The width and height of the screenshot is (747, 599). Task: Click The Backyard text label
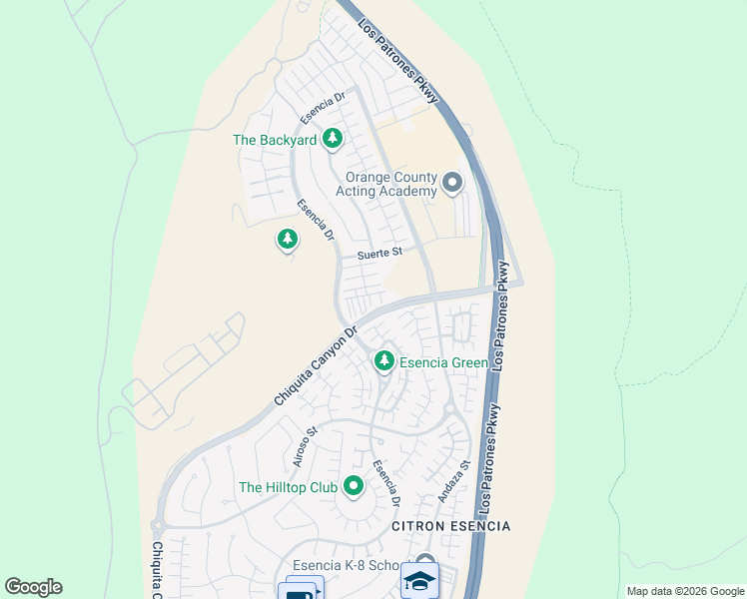(275, 141)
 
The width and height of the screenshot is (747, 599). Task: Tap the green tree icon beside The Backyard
(333, 140)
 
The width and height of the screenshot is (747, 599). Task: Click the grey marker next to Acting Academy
(452, 183)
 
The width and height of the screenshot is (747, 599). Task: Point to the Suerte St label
(379, 256)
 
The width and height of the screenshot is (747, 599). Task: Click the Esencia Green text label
(443, 363)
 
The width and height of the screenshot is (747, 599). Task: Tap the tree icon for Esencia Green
(383, 361)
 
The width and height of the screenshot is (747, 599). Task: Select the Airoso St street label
(305, 446)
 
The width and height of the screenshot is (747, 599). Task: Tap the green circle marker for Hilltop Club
(353, 487)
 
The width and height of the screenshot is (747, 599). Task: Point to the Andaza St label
(452, 481)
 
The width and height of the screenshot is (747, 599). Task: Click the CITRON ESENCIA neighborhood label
(450, 526)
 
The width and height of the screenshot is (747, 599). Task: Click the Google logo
(33, 587)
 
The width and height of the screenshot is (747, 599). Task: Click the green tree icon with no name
(288, 240)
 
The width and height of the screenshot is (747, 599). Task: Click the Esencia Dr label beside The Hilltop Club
(386, 481)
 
